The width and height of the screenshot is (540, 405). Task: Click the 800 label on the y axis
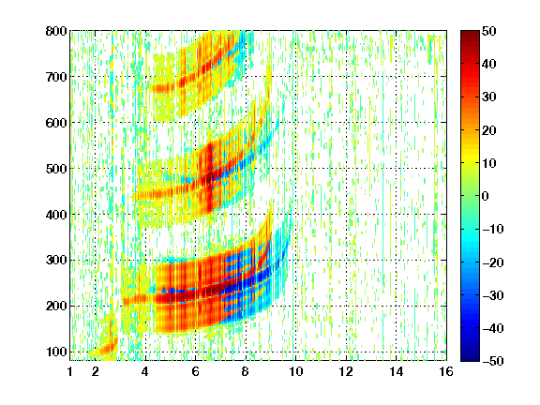(x=56, y=31)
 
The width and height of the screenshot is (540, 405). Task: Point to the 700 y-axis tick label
(x=56, y=77)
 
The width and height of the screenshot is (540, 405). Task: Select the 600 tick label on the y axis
(x=56, y=123)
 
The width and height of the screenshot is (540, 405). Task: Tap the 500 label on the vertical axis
(x=56, y=169)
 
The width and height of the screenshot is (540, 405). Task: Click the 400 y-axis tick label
(x=56, y=215)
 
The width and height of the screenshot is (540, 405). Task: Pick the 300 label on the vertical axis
(x=56, y=261)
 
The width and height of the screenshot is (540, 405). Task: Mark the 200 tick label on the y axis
(x=56, y=307)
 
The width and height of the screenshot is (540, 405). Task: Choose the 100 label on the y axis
(x=56, y=352)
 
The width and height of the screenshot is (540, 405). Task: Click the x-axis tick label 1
(x=70, y=371)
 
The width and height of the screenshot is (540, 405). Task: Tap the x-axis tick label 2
(x=96, y=371)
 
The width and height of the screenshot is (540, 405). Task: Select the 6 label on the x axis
(x=196, y=371)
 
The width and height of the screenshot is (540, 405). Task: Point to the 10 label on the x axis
(x=296, y=371)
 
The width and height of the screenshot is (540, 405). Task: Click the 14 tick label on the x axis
(x=397, y=371)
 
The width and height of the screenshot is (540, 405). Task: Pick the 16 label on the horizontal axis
(x=446, y=371)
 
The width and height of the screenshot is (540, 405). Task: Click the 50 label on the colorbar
(x=488, y=31)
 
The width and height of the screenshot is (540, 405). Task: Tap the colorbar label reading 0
(x=486, y=196)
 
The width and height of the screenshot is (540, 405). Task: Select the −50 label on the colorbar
(x=493, y=361)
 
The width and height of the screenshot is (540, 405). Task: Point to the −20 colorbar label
(x=493, y=262)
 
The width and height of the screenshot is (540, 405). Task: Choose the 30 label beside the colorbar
(x=488, y=97)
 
